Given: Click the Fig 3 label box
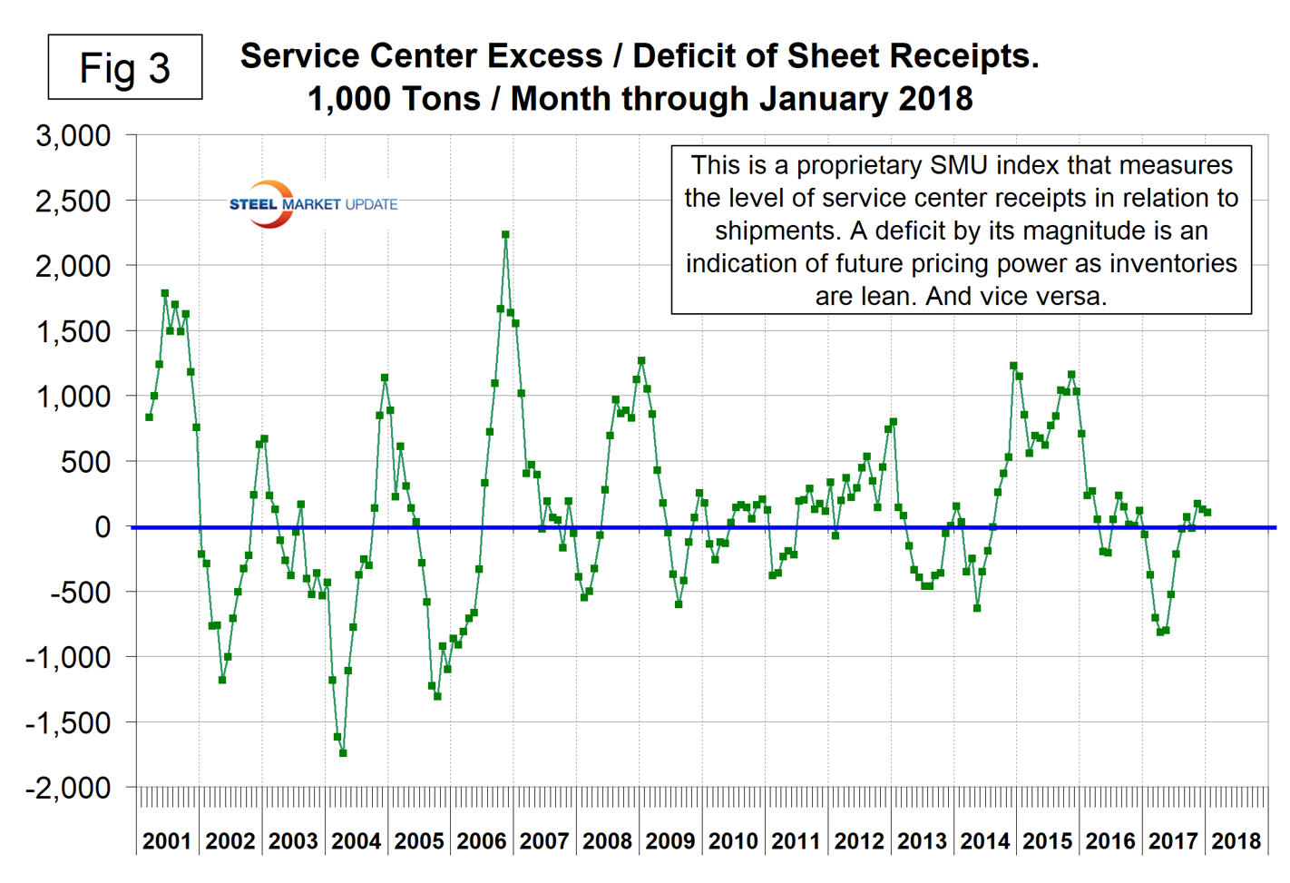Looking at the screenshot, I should [x=125, y=67].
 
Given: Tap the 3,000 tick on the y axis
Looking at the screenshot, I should [x=73, y=136].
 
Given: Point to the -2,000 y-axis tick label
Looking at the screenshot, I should [x=68, y=788].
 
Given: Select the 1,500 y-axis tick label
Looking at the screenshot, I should [x=73, y=331].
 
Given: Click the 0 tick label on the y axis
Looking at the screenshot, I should [x=103, y=526].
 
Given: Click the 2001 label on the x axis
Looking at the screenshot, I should [x=167, y=841].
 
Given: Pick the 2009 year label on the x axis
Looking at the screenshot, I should [x=669, y=841].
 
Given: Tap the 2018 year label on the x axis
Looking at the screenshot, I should [x=1236, y=841].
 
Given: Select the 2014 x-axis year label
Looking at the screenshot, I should [x=984, y=841].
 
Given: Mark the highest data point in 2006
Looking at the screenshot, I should [x=505, y=234].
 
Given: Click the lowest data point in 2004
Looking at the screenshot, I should [x=343, y=753].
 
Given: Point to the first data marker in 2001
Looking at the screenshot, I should [x=149, y=417].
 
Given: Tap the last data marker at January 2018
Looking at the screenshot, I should [x=1207, y=513].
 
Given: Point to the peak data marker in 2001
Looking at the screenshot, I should [x=165, y=293].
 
